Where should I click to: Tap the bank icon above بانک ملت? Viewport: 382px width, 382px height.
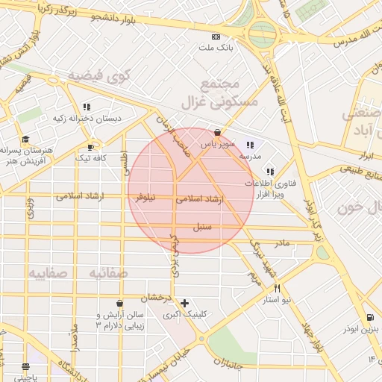[x=216, y=37]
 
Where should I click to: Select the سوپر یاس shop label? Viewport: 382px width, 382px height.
[x=222, y=143]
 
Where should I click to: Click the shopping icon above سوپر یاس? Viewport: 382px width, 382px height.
[x=217, y=132]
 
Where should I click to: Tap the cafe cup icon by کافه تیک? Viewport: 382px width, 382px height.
[x=91, y=148]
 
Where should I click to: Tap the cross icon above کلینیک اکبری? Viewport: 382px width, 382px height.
[x=184, y=303]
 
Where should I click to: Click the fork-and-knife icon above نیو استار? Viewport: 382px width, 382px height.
[x=277, y=288]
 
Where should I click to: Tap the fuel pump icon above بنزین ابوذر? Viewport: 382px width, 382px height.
[x=371, y=317]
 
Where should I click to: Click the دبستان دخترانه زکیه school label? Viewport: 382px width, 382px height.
[x=77, y=118]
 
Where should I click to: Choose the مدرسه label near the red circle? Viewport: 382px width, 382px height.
[x=249, y=157]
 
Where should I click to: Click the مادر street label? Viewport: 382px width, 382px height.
[x=281, y=243]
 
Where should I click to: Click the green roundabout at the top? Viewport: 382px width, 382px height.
[x=262, y=34]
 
